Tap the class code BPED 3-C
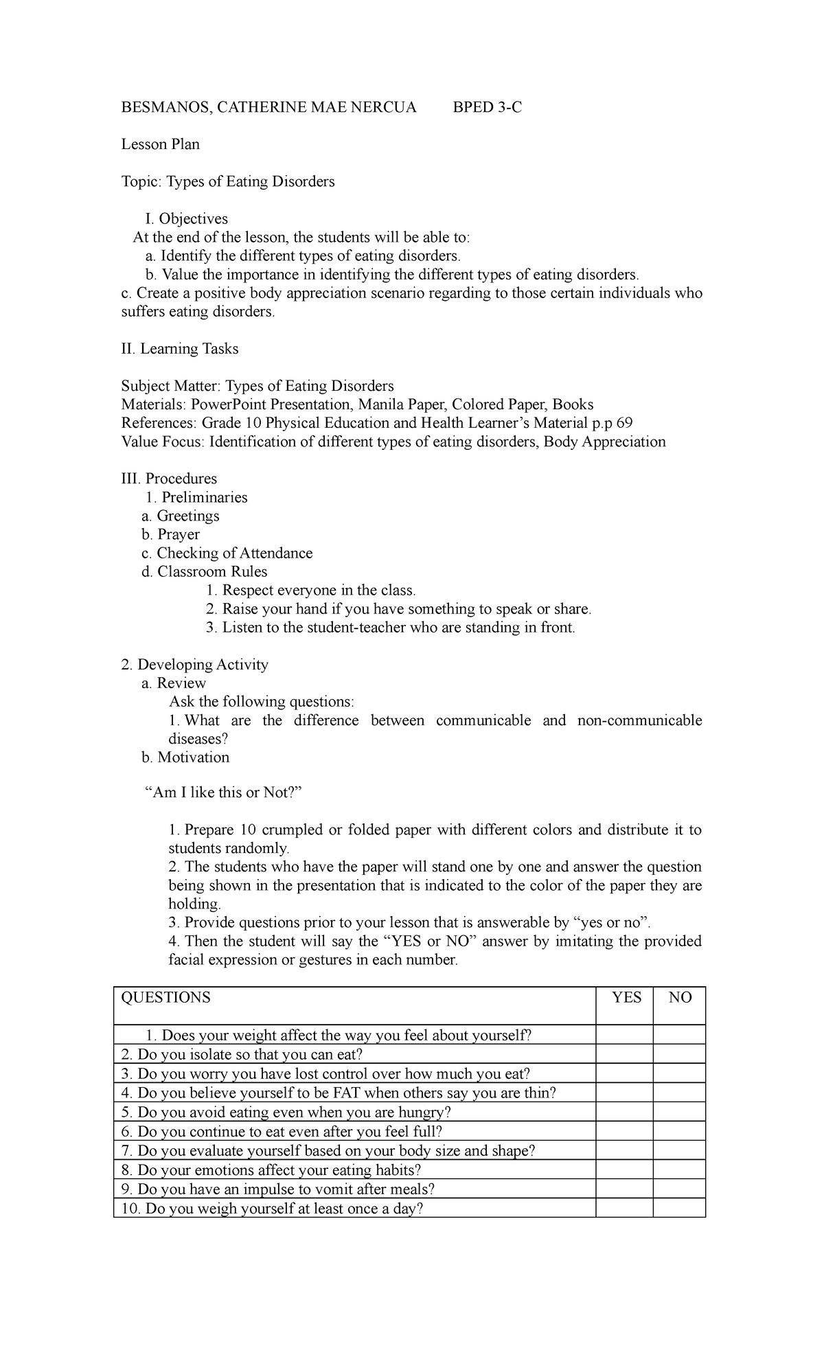pos(487,107)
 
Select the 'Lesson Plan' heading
pos(160,144)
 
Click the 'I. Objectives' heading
pos(186,219)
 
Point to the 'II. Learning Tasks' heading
pos(179,349)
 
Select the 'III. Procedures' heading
pos(168,479)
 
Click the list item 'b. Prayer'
pos(170,534)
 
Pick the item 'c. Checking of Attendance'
pos(227,553)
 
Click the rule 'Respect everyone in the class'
pos(318,590)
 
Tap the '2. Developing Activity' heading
pos(194,664)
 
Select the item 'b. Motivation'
pos(185,757)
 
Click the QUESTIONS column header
pos(165,998)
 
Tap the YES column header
pos(626,998)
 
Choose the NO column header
pos(680,998)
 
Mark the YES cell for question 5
pos(624,1113)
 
